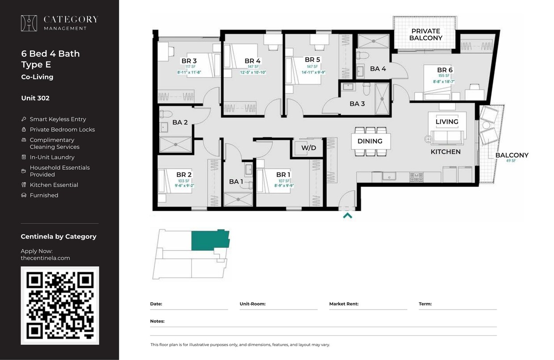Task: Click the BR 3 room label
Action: (x=189, y=61)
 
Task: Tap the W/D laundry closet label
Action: (x=308, y=148)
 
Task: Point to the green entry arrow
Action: (x=347, y=216)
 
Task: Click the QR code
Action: (x=60, y=306)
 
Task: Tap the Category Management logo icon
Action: (x=29, y=23)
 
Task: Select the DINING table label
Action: (x=370, y=141)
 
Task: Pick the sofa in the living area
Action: (x=446, y=137)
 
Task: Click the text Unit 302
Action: (x=35, y=98)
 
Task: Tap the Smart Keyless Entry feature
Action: (x=58, y=119)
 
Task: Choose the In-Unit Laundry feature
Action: (x=52, y=157)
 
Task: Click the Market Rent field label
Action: (x=344, y=304)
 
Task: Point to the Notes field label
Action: (x=157, y=321)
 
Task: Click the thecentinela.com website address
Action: (x=45, y=258)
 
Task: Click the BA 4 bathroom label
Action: (x=378, y=69)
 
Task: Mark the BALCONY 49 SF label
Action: (x=512, y=157)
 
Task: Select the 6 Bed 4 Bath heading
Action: (x=50, y=54)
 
